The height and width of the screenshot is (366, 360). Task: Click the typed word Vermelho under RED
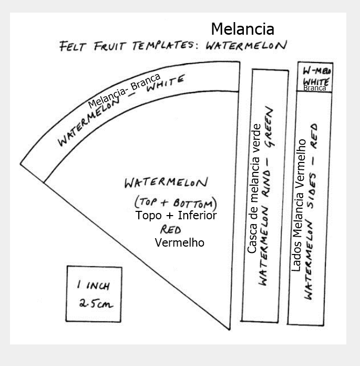pos(180,243)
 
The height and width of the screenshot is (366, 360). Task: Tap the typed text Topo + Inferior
pos(176,215)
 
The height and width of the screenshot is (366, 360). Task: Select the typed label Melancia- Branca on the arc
pos(124,90)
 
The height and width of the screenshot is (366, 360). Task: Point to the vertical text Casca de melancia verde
pos(252,188)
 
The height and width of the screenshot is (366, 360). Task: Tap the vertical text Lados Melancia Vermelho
pos(301,205)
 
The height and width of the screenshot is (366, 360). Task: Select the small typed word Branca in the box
pos(314,88)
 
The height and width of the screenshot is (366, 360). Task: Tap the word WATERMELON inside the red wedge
pos(166,184)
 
